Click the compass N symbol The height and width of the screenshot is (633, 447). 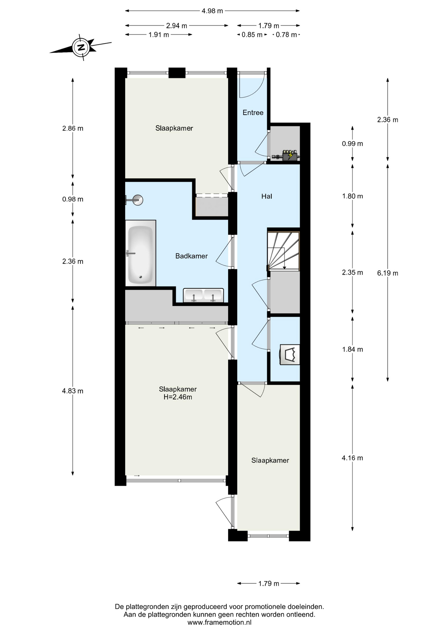tap(81, 47)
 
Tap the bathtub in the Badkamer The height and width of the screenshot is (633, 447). tap(141, 253)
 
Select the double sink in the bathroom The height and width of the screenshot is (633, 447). tap(203, 295)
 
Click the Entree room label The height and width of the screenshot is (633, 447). tap(253, 113)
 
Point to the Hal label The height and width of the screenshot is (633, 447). tap(267, 196)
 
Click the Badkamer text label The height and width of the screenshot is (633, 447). tap(191, 256)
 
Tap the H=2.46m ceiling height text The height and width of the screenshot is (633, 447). tap(178, 397)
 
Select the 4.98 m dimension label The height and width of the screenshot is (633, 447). tap(212, 11)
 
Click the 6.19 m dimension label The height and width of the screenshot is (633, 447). tap(387, 273)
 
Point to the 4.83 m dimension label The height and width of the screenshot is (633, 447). tap(73, 391)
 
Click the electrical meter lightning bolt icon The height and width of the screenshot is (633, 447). tap(290, 155)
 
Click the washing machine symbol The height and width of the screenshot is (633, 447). tap(290, 355)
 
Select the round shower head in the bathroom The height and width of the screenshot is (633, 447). tap(138, 200)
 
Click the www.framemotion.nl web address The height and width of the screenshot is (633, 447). tap(220, 623)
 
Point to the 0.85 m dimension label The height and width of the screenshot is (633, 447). tap(252, 35)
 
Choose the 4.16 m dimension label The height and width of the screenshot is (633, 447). tap(352, 458)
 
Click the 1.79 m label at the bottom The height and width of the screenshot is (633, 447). tap(269, 584)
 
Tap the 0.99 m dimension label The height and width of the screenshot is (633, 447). tap(352, 144)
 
